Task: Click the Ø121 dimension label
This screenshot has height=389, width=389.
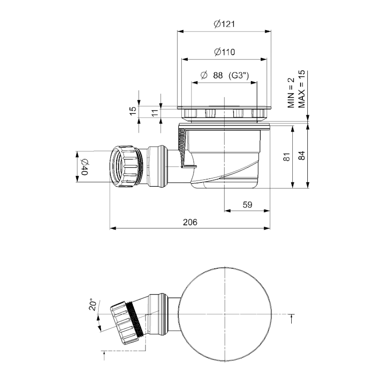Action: point(224,24)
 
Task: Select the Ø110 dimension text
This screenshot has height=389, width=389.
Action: point(224,52)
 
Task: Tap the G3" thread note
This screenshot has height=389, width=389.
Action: point(238,75)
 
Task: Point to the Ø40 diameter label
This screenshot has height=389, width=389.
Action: point(84,167)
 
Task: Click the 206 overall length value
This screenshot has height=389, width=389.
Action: point(190,222)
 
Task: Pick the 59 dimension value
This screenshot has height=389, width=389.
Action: point(248,205)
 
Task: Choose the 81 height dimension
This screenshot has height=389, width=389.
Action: point(286,157)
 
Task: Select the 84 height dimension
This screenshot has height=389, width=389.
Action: point(301,156)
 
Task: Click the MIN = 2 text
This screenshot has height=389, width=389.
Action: point(291,93)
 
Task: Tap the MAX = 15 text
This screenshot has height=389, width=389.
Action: point(301,89)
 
